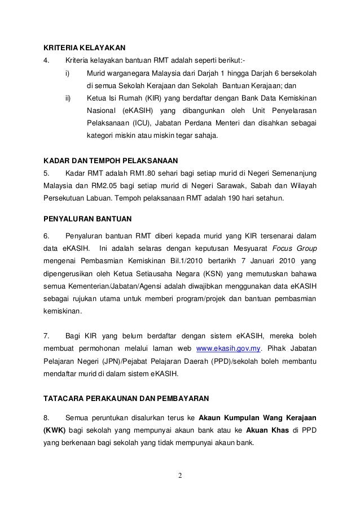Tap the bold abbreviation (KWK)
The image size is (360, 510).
[x=55, y=431]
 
